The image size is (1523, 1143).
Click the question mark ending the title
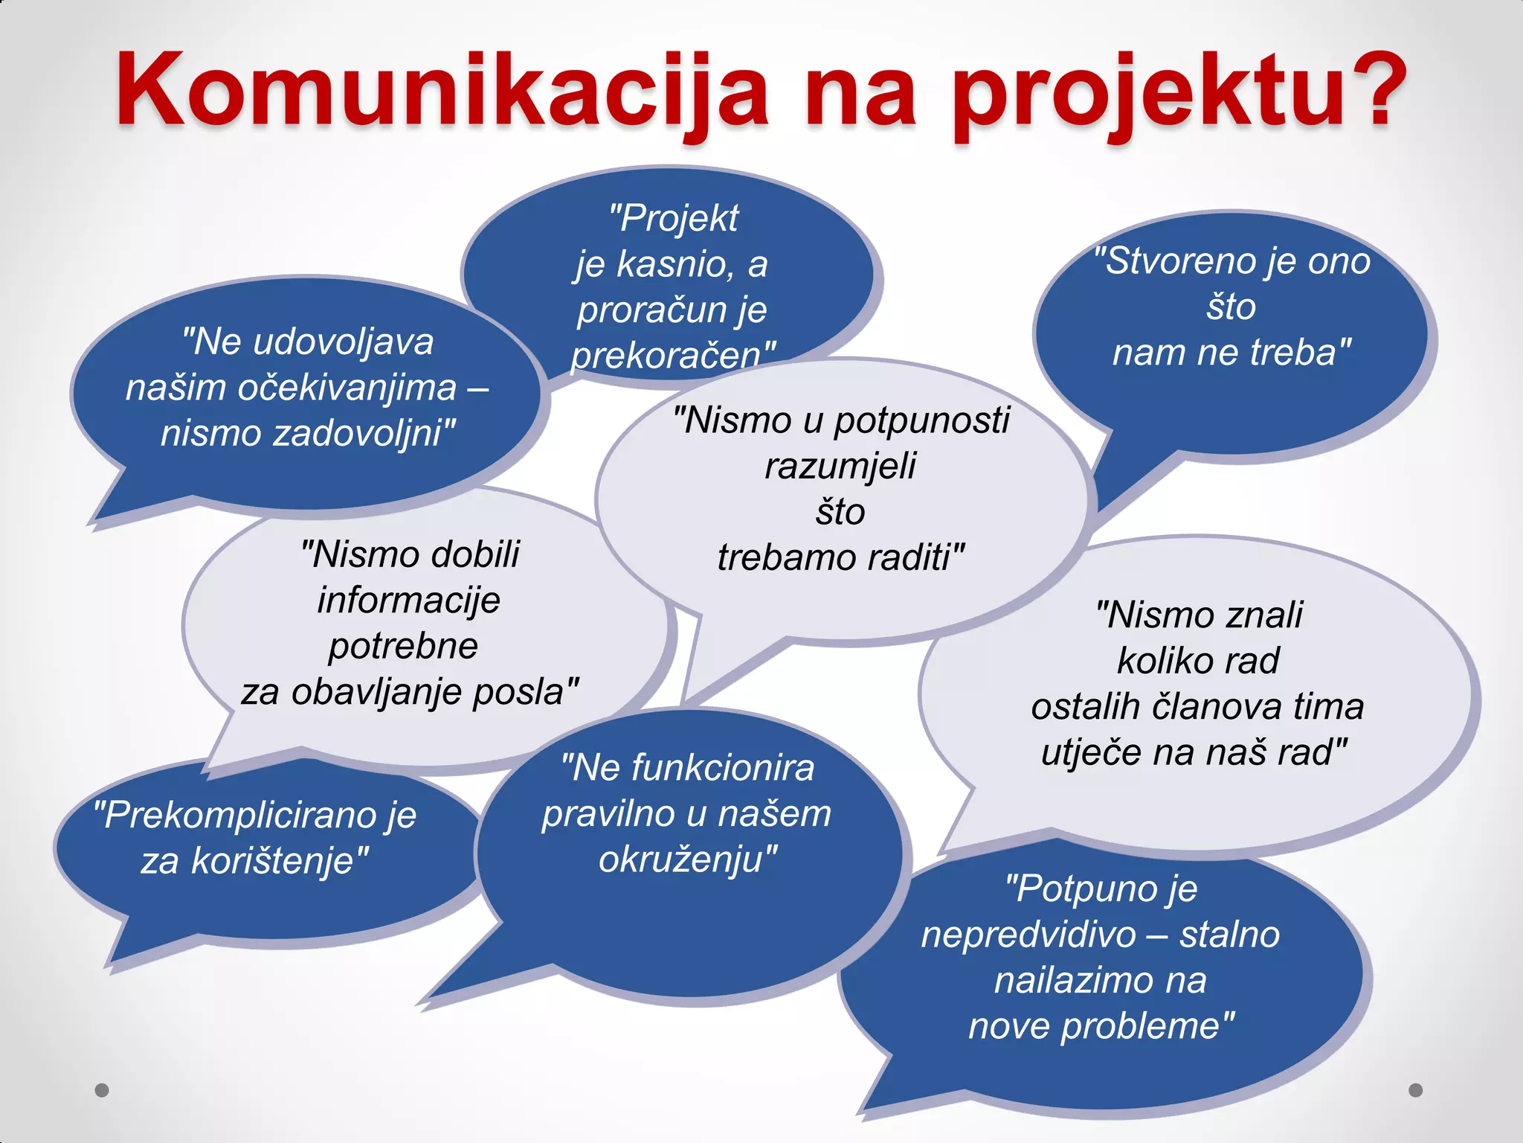tap(1373, 89)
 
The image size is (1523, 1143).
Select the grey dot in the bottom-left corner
tap(102, 1090)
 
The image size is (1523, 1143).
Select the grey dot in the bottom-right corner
tap(1416, 1090)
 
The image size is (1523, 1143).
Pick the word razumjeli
tap(840, 467)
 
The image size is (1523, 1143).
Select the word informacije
tap(408, 601)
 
